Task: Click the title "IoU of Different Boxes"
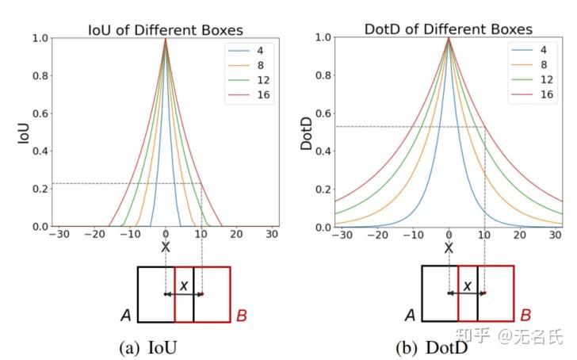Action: [x=165, y=29]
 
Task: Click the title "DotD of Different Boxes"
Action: [x=449, y=29]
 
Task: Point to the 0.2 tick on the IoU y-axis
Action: [x=39, y=190]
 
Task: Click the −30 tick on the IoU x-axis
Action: [x=57, y=236]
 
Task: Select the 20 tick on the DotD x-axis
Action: [x=519, y=236]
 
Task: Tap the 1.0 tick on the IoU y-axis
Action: [x=39, y=37]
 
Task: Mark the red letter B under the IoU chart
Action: [x=242, y=316]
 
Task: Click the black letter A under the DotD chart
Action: [x=410, y=316]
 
